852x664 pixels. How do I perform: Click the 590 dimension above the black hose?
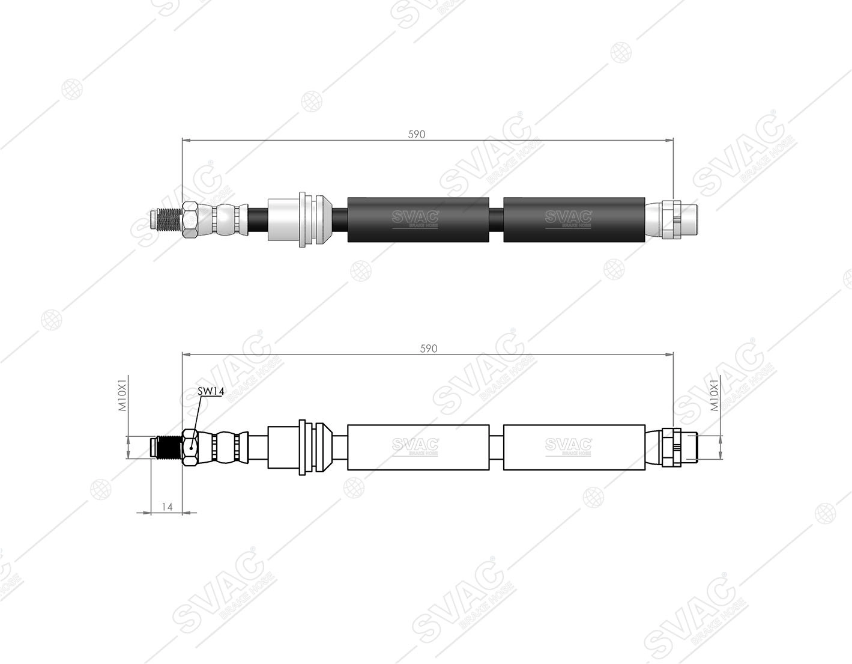pyautogui.click(x=417, y=135)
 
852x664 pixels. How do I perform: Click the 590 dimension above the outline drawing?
pyautogui.click(x=428, y=349)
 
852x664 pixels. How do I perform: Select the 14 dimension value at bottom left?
pyautogui.click(x=167, y=507)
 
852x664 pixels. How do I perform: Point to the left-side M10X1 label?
pyautogui.click(x=123, y=395)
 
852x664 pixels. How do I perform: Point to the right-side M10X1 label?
pyautogui.click(x=715, y=395)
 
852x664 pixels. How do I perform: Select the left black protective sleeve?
pyautogui.click(x=418, y=220)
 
